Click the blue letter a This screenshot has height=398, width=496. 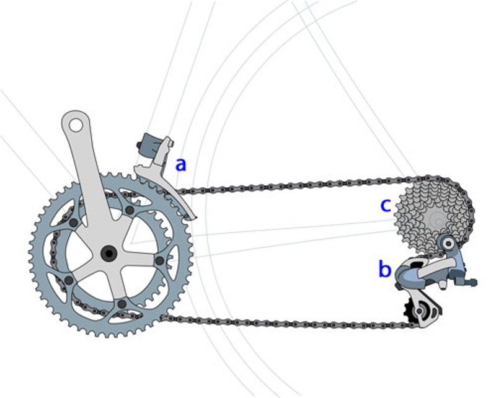pos(180,165)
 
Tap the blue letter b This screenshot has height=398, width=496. pos(385,270)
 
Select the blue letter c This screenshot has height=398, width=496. pos(385,205)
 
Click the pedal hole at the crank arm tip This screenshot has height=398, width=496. pos(74,125)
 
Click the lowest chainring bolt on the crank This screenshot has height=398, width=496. pos(122,304)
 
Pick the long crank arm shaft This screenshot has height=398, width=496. pos(90,180)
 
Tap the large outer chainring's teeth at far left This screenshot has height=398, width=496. pos(33,254)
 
